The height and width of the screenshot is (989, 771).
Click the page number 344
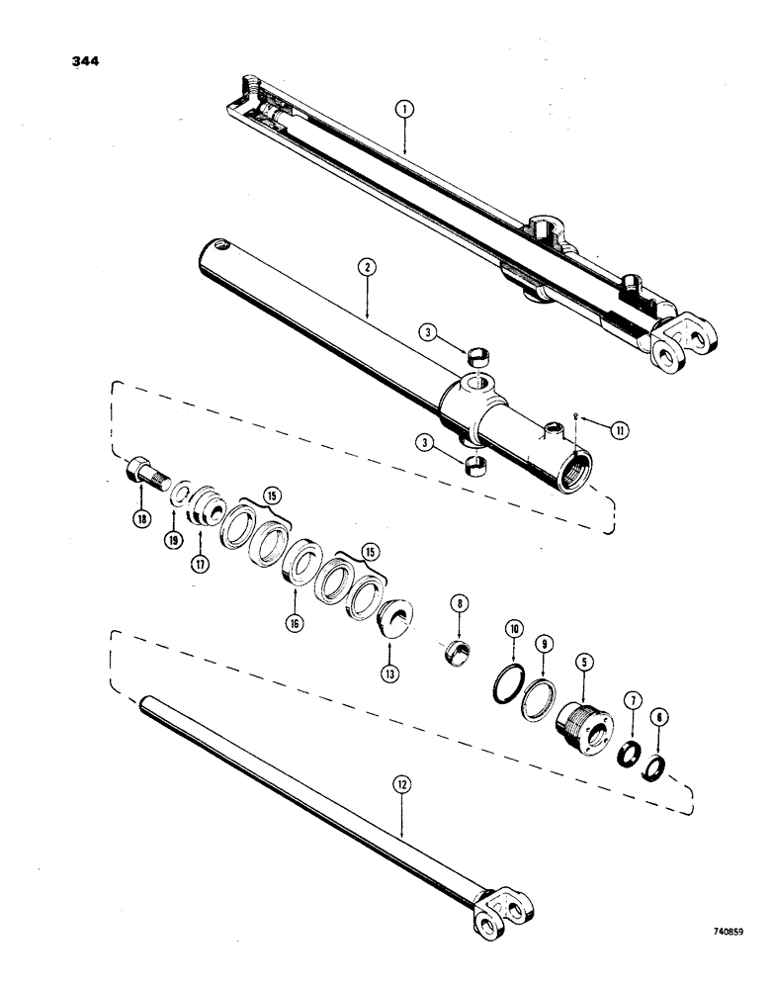(90, 62)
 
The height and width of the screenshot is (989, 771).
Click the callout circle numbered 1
(403, 113)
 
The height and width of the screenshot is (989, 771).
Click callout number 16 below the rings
(296, 624)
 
